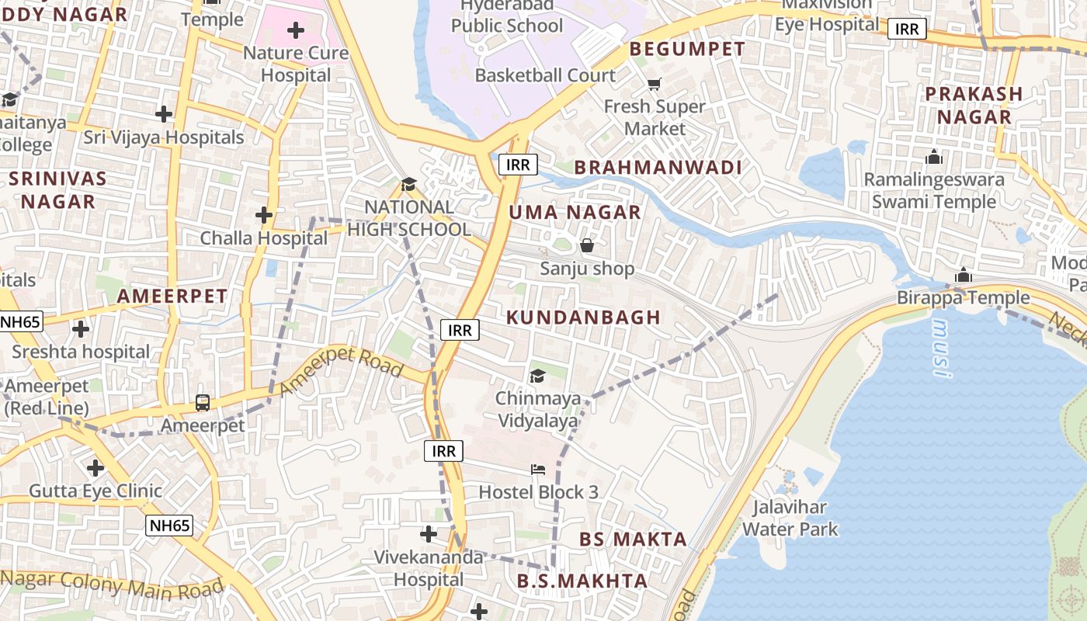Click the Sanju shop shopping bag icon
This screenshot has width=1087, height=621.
587,245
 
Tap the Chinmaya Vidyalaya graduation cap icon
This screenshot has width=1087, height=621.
537,376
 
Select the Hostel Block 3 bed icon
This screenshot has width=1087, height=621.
538,469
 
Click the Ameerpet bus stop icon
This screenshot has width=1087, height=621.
203,402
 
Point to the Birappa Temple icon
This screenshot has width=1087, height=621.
964,275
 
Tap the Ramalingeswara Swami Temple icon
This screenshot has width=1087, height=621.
934,158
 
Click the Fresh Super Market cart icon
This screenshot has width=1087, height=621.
655,83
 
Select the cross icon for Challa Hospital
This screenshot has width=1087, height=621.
264,214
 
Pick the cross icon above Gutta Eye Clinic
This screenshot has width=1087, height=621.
96,468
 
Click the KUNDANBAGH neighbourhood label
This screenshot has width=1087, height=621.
583,317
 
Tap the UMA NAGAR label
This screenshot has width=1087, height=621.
575,212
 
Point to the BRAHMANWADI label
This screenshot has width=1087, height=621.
658,167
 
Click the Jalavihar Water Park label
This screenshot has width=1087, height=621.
790,519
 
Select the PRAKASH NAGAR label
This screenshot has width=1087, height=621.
973,106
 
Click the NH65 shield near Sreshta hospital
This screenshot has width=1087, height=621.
21,321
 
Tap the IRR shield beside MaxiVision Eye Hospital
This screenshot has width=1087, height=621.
906,29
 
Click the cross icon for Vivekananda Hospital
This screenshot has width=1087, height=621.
429,533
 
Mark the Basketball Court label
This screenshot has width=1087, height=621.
545,75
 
